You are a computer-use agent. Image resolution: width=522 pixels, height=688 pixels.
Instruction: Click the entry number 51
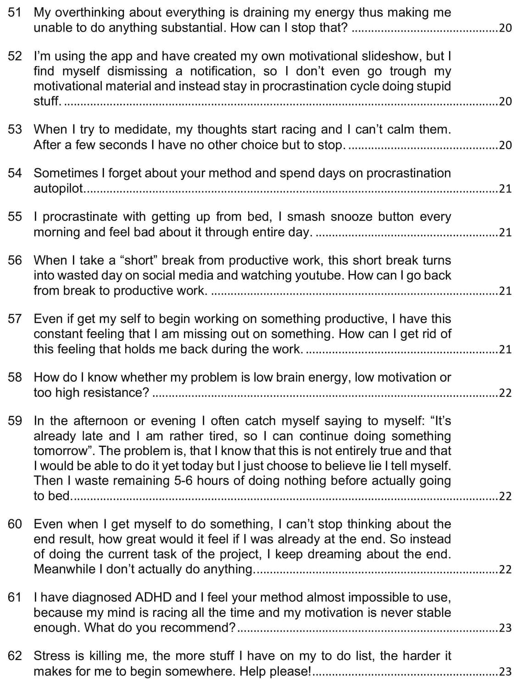15,12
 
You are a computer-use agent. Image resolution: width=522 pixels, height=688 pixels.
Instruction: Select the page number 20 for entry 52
505,101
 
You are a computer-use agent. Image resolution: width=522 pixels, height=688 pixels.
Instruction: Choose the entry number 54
15,173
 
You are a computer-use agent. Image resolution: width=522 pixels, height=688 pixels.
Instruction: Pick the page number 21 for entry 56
505,291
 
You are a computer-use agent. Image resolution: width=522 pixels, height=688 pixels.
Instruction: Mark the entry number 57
15,319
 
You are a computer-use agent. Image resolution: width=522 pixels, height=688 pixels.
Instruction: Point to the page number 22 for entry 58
505,393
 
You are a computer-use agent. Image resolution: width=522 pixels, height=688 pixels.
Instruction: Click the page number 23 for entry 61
505,628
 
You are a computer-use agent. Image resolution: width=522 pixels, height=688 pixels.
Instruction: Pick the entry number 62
15,656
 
